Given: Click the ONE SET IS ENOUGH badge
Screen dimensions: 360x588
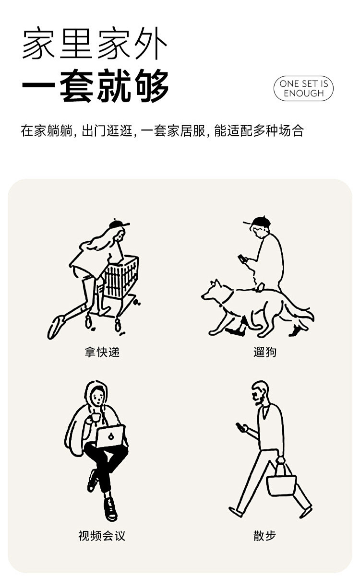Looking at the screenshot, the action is pos(303,88).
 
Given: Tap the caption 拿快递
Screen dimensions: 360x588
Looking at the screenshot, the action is pos(102,352).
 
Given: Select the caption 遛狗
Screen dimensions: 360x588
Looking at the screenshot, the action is pos(265,352).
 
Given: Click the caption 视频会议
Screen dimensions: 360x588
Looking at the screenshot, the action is pos(102,536).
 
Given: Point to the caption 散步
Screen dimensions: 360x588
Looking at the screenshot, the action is pos(264,536).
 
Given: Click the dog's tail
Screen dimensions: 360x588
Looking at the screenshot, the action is pos(300,312).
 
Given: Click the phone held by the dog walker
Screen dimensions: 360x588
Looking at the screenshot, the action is pos(242,259).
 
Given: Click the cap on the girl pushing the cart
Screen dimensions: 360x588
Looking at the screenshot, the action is pos(119,224).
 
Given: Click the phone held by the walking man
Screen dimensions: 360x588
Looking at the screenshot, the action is pos(240,427).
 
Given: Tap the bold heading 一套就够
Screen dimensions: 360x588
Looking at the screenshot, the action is pos(96,86).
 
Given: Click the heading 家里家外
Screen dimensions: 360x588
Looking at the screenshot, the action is pos(95,43).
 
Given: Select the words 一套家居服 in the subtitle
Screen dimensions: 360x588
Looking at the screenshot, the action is pos(173,131).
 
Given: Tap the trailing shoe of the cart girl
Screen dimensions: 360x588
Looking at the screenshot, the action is pos(56,327).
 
